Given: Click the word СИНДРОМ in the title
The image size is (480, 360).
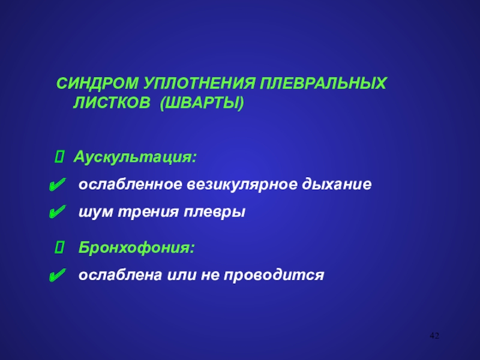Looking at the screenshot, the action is point(97,83).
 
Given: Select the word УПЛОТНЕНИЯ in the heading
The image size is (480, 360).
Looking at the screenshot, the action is point(199,83).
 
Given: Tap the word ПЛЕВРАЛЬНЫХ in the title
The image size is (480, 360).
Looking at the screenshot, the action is point(323,83).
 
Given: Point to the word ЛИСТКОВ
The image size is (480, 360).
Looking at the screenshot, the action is point(112,103).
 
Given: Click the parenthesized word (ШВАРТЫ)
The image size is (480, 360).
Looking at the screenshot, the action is point(202,103).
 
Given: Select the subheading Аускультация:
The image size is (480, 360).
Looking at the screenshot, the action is point(134,157).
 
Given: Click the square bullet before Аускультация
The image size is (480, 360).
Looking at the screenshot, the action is point(59,157).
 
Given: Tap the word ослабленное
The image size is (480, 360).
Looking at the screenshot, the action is point(130,184).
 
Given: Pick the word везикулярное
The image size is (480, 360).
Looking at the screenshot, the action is point(242,185).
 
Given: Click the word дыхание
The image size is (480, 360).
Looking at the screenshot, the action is point(337,185).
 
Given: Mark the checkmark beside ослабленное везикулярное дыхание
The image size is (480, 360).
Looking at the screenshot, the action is point(57,185).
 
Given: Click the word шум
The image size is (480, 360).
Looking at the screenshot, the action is point(96,212).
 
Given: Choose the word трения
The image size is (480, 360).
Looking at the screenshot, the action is point(148,212).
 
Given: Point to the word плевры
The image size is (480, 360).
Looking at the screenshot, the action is point(214,212).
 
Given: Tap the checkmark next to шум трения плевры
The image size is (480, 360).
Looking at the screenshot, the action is point(57,212).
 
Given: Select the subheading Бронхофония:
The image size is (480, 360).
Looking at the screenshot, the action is point(137,247).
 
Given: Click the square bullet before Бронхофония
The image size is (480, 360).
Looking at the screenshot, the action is point(59,247).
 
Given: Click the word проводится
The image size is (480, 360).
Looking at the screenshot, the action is point(274,275).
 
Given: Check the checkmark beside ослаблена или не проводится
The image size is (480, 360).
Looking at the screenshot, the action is point(57,275).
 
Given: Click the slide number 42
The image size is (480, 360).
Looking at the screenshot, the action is point(434,335).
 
